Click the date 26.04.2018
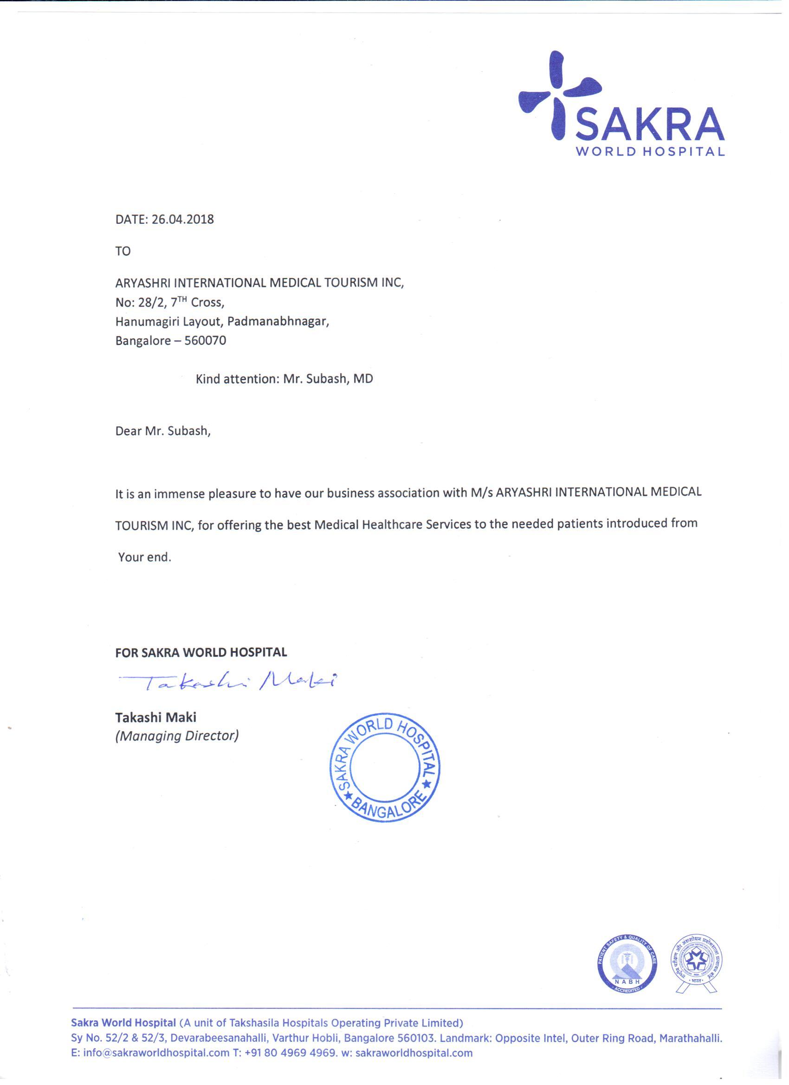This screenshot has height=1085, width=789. coord(183,220)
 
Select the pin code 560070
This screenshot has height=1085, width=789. coord(208,341)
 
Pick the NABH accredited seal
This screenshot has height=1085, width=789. coord(627,962)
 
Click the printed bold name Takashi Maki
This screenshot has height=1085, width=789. coord(156,718)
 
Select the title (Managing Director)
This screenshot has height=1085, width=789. coord(177,736)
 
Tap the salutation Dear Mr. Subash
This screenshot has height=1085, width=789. coord(162,431)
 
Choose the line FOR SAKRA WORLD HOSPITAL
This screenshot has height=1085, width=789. coord(201,652)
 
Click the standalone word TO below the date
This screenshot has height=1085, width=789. coord(123,251)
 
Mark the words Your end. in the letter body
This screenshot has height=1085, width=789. coord(145,557)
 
